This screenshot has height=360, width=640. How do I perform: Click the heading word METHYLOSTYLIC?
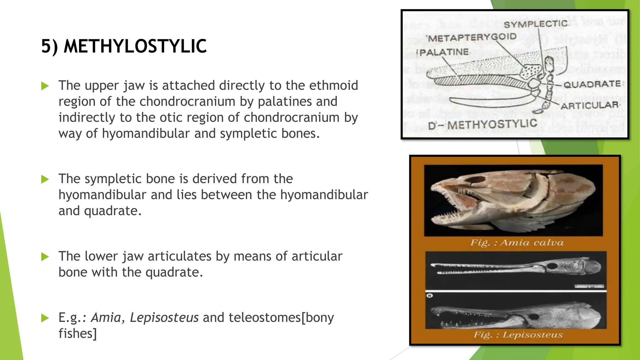pyautogui.click(x=135, y=46)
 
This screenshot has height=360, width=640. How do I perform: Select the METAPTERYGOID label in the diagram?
pyautogui.click(x=472, y=38)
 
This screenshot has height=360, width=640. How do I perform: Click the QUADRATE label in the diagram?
pyautogui.click(x=592, y=84)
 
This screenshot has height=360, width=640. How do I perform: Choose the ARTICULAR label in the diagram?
pyautogui.click(x=589, y=106)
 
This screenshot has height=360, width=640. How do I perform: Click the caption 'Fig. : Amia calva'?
pyautogui.click(x=517, y=243)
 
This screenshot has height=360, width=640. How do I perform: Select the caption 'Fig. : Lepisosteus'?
pyautogui.click(x=518, y=335)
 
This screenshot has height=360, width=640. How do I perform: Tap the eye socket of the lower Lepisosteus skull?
pyautogui.click(x=534, y=317)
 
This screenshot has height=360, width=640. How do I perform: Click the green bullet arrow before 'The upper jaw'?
pyautogui.click(x=45, y=86)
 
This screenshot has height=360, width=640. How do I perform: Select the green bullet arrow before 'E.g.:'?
pyautogui.click(x=45, y=318)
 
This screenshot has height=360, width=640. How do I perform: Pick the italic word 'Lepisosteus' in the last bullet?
pyautogui.click(x=164, y=317)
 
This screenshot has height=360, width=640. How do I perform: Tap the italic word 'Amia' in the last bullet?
pyautogui.click(x=106, y=317)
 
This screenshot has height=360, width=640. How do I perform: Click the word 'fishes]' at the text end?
pyautogui.click(x=77, y=333)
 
